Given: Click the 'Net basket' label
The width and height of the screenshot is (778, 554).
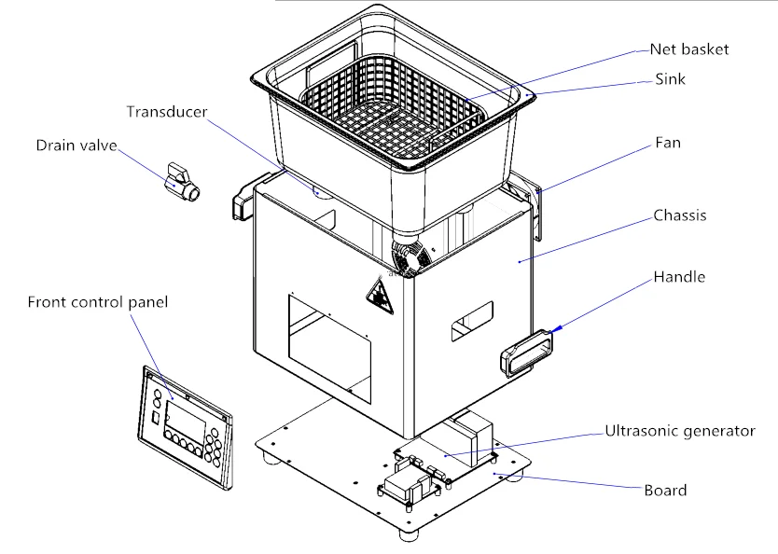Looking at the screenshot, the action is pos(689,49).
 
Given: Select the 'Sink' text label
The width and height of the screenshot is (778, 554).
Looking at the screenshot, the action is pos(670,79).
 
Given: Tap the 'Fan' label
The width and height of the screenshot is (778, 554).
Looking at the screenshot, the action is pos(668,143).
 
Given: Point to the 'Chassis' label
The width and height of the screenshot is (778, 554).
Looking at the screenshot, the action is pos(680,215).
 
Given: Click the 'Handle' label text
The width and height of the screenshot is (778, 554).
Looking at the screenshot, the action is pos(679,277).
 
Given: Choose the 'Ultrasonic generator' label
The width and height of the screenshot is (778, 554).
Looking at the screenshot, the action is pos(680,431).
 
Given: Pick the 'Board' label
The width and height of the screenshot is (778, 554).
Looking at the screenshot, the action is pos(665,491).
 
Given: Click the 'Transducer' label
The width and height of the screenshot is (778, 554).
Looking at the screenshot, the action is pos(167,112).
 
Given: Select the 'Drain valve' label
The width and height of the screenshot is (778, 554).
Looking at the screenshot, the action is pos(76,145).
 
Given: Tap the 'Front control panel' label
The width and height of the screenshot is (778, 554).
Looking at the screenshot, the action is pos(98,302).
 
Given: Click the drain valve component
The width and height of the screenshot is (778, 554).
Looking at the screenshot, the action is pos(181,182).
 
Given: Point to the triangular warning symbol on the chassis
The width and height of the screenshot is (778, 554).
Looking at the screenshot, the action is pos(380,298).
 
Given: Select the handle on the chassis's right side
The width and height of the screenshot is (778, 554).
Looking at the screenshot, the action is pos(526,353).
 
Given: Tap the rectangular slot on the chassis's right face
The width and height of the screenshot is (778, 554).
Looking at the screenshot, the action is pos(472,321).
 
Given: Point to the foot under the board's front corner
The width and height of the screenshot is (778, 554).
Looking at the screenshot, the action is pos(410,535).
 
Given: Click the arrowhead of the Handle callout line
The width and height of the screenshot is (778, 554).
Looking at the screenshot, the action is pos(557,328).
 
